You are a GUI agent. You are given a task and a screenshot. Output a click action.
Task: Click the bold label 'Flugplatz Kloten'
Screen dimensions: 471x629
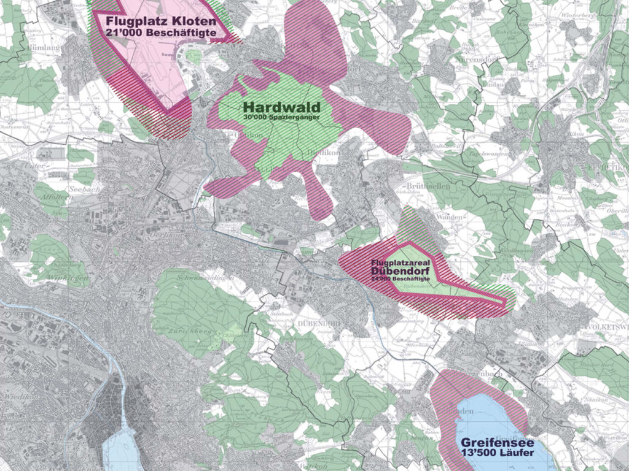coord(160,21)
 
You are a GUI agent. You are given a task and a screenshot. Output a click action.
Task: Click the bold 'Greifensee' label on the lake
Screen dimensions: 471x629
coord(496,442)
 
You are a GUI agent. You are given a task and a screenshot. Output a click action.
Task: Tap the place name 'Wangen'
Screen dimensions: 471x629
coord(447,217)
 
